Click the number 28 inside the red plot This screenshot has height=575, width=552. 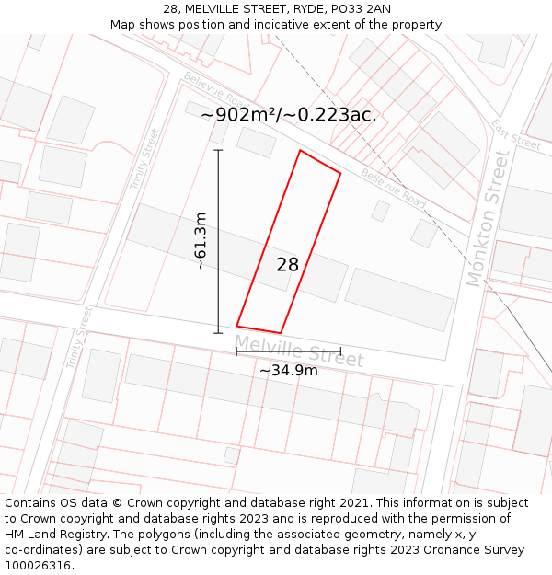(x=288, y=265)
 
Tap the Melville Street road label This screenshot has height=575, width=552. (x=299, y=351)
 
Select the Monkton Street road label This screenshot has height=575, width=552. (x=488, y=219)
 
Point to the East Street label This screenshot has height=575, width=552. (x=515, y=134)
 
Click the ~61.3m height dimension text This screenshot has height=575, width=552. (x=201, y=241)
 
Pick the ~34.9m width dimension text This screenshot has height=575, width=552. (x=288, y=371)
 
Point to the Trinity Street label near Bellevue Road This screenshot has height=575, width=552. (x=144, y=159)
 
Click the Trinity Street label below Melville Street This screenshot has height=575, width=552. (x=79, y=338)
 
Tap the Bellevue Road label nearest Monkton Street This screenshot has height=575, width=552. (x=393, y=188)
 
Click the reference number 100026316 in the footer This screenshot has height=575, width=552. (x=37, y=566)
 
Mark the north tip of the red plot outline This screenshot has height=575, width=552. (x=300, y=150)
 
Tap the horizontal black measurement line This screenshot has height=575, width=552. (x=288, y=351)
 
